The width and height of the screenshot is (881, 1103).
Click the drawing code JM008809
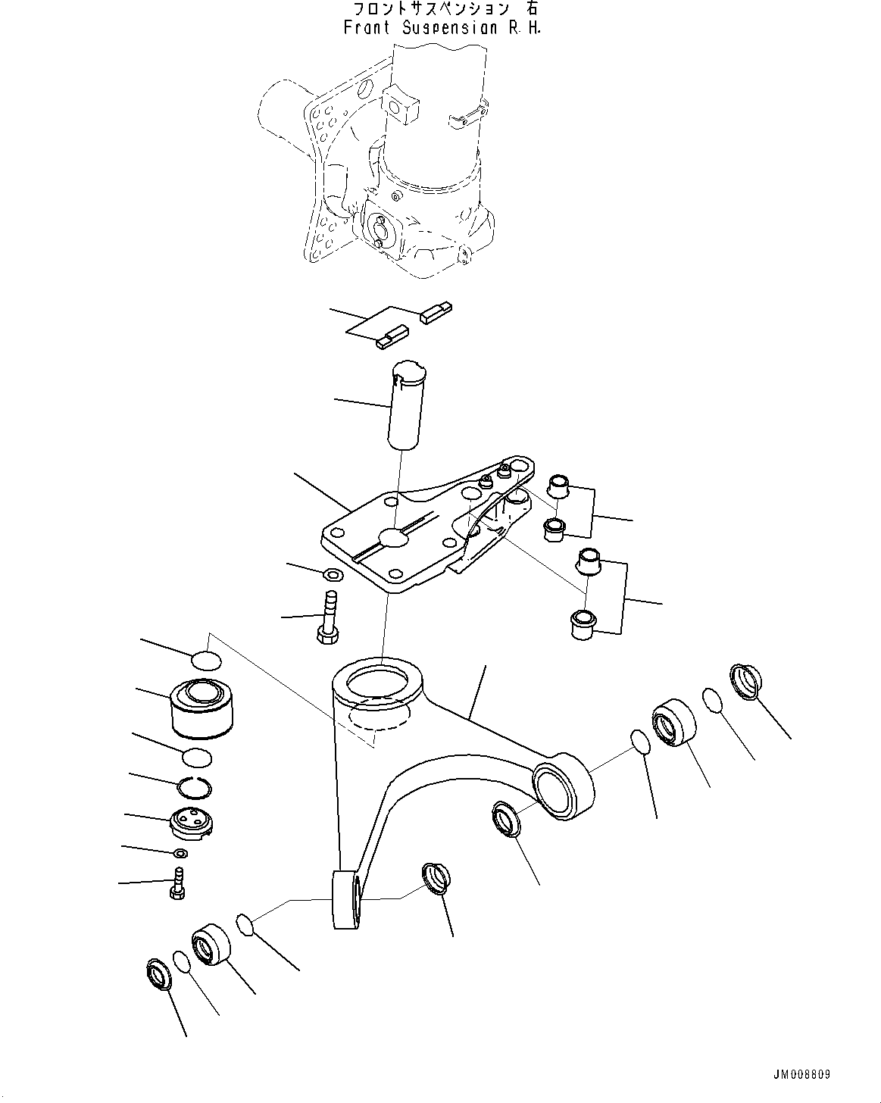[x=802, y=1075]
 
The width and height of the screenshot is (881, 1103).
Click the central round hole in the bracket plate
[x=395, y=538]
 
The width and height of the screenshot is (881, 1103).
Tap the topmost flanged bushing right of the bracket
[x=558, y=485]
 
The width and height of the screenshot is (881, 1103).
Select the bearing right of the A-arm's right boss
[x=672, y=722]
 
